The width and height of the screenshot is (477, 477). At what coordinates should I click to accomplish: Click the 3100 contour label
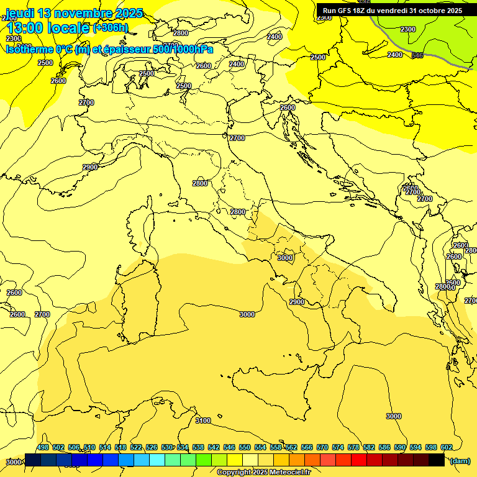(x=203, y=420)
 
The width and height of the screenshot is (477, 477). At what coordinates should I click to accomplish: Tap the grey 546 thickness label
(x=417, y=55)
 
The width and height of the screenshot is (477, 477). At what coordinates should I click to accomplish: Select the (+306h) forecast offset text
(x=111, y=27)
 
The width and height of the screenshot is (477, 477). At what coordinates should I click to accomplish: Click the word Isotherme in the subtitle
(x=29, y=50)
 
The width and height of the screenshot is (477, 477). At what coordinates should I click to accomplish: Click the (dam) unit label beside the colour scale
(x=460, y=460)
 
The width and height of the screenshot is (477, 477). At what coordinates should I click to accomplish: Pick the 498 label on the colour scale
(x=43, y=447)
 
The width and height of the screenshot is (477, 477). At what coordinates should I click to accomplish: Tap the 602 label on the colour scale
(x=447, y=447)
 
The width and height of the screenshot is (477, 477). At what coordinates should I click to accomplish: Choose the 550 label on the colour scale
(x=245, y=447)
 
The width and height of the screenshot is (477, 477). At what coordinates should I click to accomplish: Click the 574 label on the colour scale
(x=338, y=447)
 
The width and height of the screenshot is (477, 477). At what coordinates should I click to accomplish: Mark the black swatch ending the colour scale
(x=437, y=460)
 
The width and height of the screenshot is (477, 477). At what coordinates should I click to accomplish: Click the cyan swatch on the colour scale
(x=157, y=460)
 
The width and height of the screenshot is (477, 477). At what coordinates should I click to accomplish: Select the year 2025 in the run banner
(x=450, y=11)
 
